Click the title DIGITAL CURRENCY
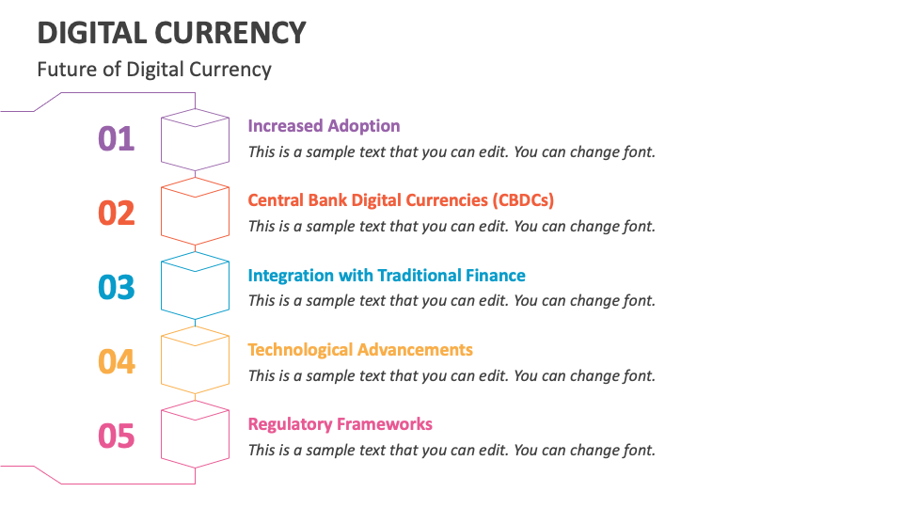pos(171,32)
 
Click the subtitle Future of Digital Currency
pos(154,69)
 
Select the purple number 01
pos(117,138)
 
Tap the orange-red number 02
pos(117,213)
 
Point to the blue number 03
pos(117,287)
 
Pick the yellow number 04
pos(117,361)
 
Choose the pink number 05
pos(117,436)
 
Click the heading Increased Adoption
pos(324,126)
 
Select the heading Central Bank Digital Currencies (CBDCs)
pos(401,200)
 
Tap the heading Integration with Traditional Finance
pos(387,276)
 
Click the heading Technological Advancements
pos(360,350)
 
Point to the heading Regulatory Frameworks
pos(340,424)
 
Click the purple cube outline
pos(195,141)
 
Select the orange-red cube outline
pos(195,215)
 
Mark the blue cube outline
pos(195,290)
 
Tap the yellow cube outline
pos(195,364)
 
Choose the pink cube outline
pos(195,437)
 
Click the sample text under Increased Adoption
pos(451,151)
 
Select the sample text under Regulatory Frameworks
pos(451,450)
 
